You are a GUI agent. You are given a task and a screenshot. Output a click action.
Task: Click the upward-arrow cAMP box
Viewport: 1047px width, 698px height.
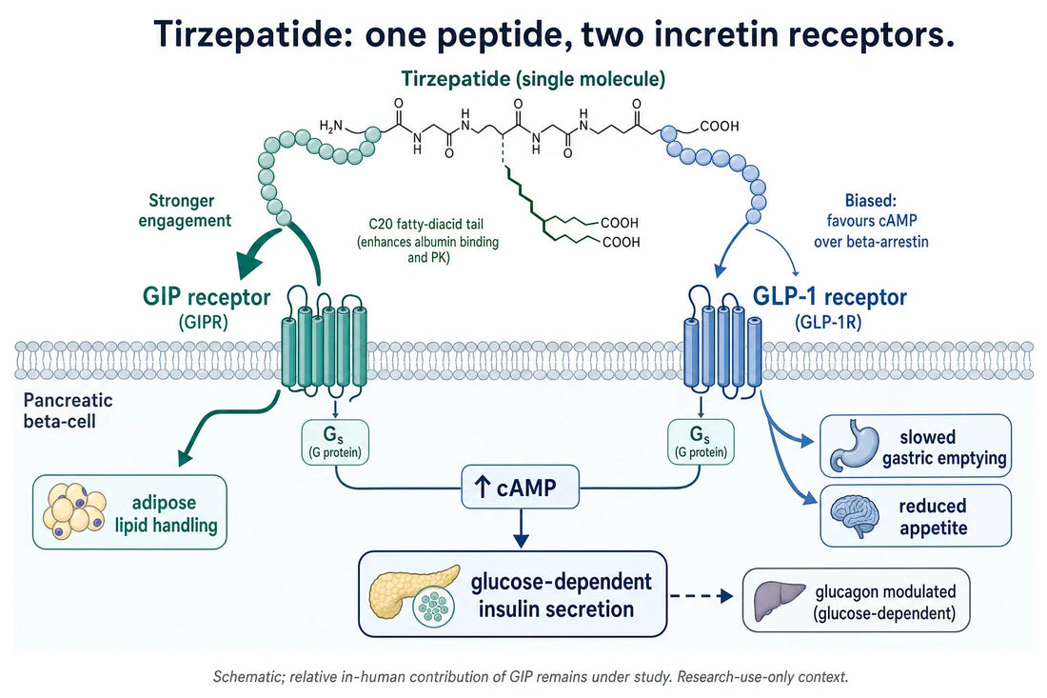[520, 487]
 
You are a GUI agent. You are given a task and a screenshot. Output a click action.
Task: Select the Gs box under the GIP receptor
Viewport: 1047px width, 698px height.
[334, 442]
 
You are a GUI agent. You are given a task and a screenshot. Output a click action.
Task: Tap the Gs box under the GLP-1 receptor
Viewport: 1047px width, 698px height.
[701, 442]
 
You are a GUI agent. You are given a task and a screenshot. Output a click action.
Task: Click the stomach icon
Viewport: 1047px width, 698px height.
[854, 445]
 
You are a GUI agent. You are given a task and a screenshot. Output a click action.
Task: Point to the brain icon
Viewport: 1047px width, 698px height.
[854, 515]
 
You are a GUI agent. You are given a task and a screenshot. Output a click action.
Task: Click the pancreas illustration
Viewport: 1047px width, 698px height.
[414, 596]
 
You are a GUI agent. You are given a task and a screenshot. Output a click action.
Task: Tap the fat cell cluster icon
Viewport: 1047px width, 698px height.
[74, 511]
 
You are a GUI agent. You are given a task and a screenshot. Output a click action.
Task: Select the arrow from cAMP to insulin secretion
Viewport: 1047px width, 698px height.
[520, 528]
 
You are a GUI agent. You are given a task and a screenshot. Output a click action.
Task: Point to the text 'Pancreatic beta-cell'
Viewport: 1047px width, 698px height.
[69, 410]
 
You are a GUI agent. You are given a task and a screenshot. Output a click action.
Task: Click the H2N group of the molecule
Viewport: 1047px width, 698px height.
[331, 125]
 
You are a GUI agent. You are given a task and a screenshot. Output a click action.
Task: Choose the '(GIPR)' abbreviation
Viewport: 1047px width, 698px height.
[203, 322]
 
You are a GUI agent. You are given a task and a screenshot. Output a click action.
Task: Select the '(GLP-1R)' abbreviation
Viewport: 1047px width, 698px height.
[828, 322]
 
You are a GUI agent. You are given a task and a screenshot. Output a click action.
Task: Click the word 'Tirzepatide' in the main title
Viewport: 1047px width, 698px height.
[253, 33]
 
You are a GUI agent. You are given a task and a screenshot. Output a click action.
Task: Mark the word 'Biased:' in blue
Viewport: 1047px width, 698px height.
[871, 200]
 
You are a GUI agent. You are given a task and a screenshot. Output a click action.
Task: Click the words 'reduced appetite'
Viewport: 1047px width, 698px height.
[933, 516]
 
